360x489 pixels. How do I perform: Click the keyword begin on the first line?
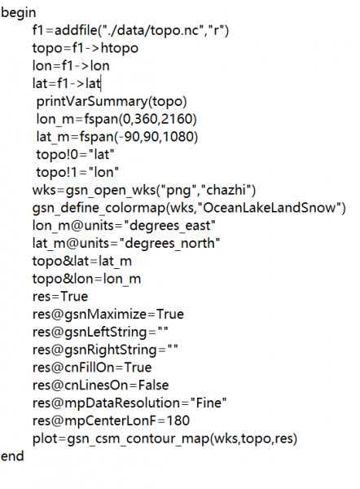point(19,13)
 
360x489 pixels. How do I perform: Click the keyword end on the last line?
point(12,456)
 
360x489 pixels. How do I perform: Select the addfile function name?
point(76,30)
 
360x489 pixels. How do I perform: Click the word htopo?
point(120,48)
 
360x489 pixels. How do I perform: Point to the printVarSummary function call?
point(112,102)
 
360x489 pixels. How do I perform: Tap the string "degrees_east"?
point(169,226)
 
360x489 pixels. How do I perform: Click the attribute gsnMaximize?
point(105,315)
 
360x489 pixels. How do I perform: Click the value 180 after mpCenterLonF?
point(178,421)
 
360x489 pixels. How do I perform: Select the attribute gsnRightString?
point(110,350)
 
